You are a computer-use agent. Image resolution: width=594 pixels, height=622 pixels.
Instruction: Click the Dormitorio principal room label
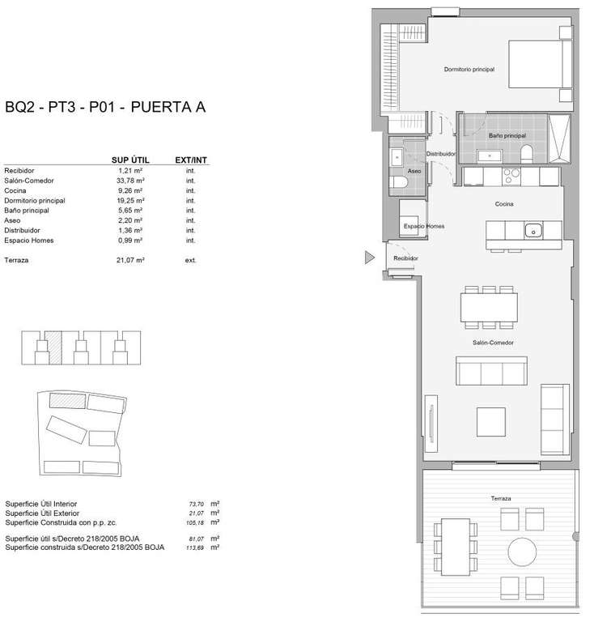tap(469, 70)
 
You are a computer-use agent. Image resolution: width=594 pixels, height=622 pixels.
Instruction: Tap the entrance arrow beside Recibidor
tap(369, 258)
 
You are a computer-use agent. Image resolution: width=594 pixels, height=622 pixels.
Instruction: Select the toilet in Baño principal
tap(527, 154)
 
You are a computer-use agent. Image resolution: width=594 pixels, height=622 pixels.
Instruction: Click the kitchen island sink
tap(533, 231)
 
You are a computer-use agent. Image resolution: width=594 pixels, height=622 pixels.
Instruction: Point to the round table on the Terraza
tap(522, 552)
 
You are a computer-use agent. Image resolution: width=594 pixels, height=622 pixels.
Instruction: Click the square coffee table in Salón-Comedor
tap(491, 422)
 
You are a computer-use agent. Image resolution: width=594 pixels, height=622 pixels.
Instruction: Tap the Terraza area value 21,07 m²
tap(130, 260)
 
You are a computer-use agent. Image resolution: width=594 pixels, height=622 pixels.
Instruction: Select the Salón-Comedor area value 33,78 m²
tap(130, 181)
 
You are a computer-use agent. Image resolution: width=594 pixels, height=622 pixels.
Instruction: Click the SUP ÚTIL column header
tap(130, 160)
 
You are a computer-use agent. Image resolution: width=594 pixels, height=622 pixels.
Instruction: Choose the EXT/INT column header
tap(191, 160)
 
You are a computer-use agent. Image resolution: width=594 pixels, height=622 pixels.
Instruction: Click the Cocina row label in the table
tap(15, 190)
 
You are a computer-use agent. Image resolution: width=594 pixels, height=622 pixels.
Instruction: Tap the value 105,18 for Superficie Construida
tap(195, 523)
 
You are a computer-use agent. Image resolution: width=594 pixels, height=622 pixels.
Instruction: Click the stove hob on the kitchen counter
tap(511, 177)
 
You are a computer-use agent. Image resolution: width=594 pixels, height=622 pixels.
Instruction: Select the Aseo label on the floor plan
tap(414, 171)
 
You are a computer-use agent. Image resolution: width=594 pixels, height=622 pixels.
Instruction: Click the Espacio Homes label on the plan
tap(424, 226)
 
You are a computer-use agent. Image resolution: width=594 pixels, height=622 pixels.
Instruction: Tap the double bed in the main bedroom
tap(541, 64)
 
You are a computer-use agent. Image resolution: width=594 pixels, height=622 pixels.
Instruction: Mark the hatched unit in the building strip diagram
tap(53, 348)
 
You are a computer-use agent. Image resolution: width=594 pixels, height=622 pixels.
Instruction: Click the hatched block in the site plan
tap(67, 401)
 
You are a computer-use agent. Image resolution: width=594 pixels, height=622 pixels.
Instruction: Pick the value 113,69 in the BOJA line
tap(195, 547)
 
